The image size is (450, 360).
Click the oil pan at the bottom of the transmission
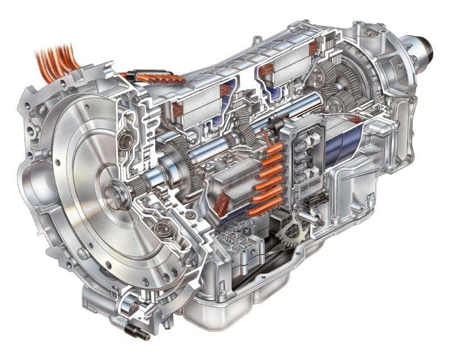(x=247, y=292)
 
